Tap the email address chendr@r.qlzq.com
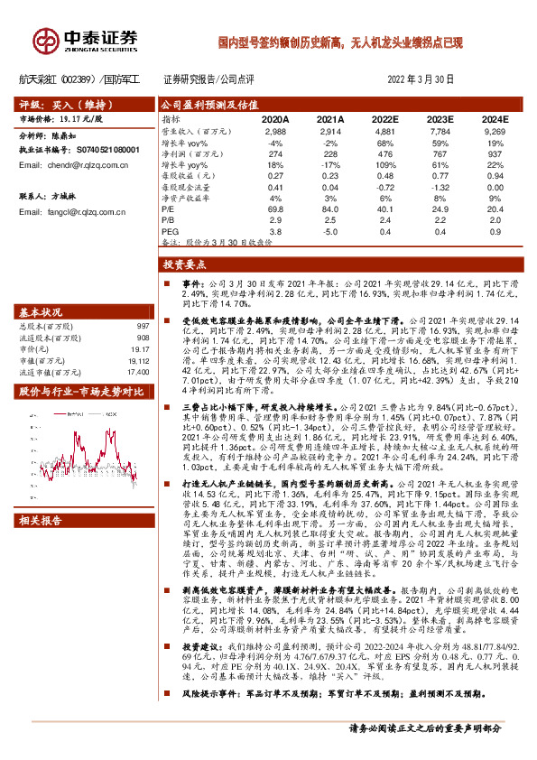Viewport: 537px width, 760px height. pos(71,166)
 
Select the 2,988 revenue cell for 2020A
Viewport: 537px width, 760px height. pos(274,132)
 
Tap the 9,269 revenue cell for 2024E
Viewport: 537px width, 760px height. pos(495,132)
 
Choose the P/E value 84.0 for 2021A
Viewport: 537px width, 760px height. pos(330,209)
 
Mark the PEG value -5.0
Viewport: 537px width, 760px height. pos(330,231)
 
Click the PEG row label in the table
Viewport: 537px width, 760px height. pos(169,231)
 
